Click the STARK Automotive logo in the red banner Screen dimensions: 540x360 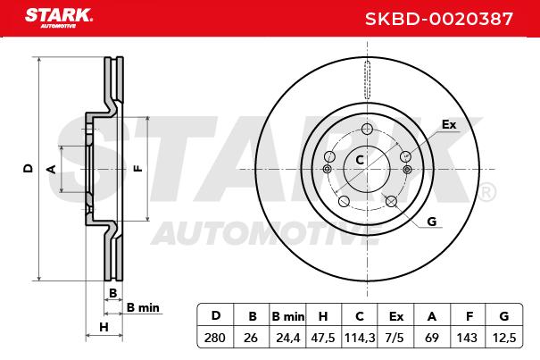(59, 18)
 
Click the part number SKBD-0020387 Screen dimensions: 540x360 (439, 19)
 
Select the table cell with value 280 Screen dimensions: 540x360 (215, 338)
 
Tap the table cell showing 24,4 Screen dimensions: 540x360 (287, 338)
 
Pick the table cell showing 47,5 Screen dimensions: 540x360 (323, 338)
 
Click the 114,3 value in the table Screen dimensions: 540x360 (360, 338)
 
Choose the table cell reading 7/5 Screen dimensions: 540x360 (395, 338)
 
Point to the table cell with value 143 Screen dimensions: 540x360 (468, 338)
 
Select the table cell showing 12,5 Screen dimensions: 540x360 (503, 338)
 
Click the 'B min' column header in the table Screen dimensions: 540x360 (287, 316)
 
